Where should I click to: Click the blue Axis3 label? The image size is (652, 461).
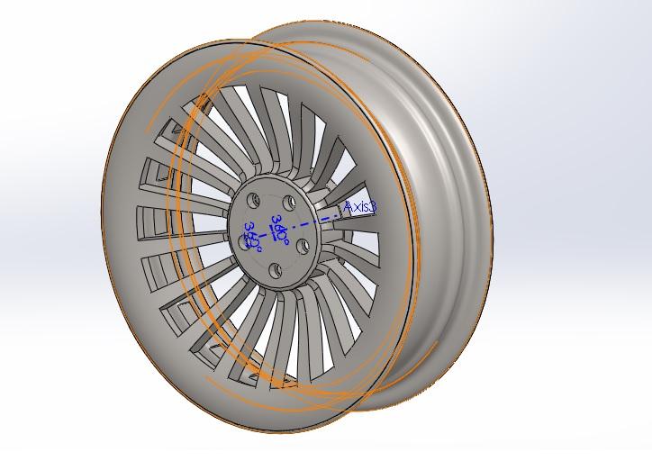tap(360, 207)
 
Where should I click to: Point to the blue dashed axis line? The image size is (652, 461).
tap(320, 217)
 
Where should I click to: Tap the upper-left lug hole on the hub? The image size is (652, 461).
tap(255, 197)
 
